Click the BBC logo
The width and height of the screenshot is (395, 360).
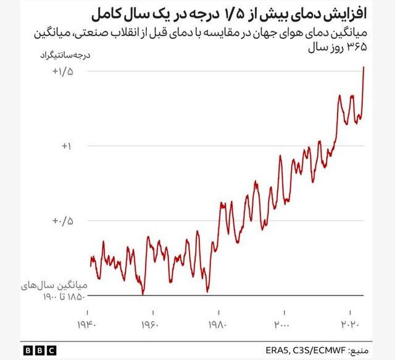39,350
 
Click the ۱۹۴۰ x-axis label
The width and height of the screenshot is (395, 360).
88,324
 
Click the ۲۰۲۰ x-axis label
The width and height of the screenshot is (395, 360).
350,324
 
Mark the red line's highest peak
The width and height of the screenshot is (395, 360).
364,67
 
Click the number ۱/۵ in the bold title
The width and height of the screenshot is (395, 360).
234,13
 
